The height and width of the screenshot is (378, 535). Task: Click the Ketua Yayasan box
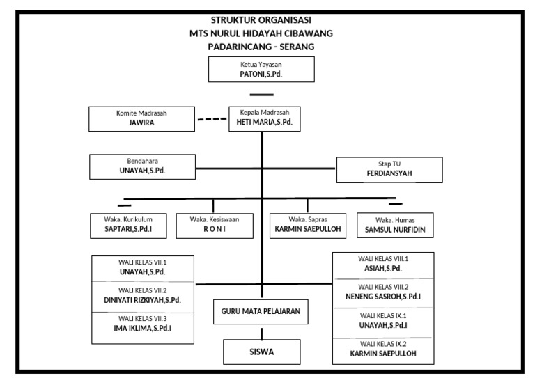point(262,68)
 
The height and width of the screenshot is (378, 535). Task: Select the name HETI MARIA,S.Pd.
point(261,122)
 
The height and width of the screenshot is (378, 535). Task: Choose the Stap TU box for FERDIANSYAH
point(388,170)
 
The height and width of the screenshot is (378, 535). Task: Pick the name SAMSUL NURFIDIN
point(394,228)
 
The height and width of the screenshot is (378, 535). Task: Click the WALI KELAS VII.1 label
point(142,262)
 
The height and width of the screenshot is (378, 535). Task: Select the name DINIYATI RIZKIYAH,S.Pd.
point(142,300)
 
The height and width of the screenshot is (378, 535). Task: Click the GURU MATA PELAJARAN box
point(261,312)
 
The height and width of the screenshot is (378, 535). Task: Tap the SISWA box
point(261,352)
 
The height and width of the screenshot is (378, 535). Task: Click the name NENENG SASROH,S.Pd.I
point(383,297)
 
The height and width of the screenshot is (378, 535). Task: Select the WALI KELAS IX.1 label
point(383,315)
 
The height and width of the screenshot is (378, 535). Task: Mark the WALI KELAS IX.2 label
point(383,344)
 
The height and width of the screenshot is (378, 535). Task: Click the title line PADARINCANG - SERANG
point(261,46)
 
